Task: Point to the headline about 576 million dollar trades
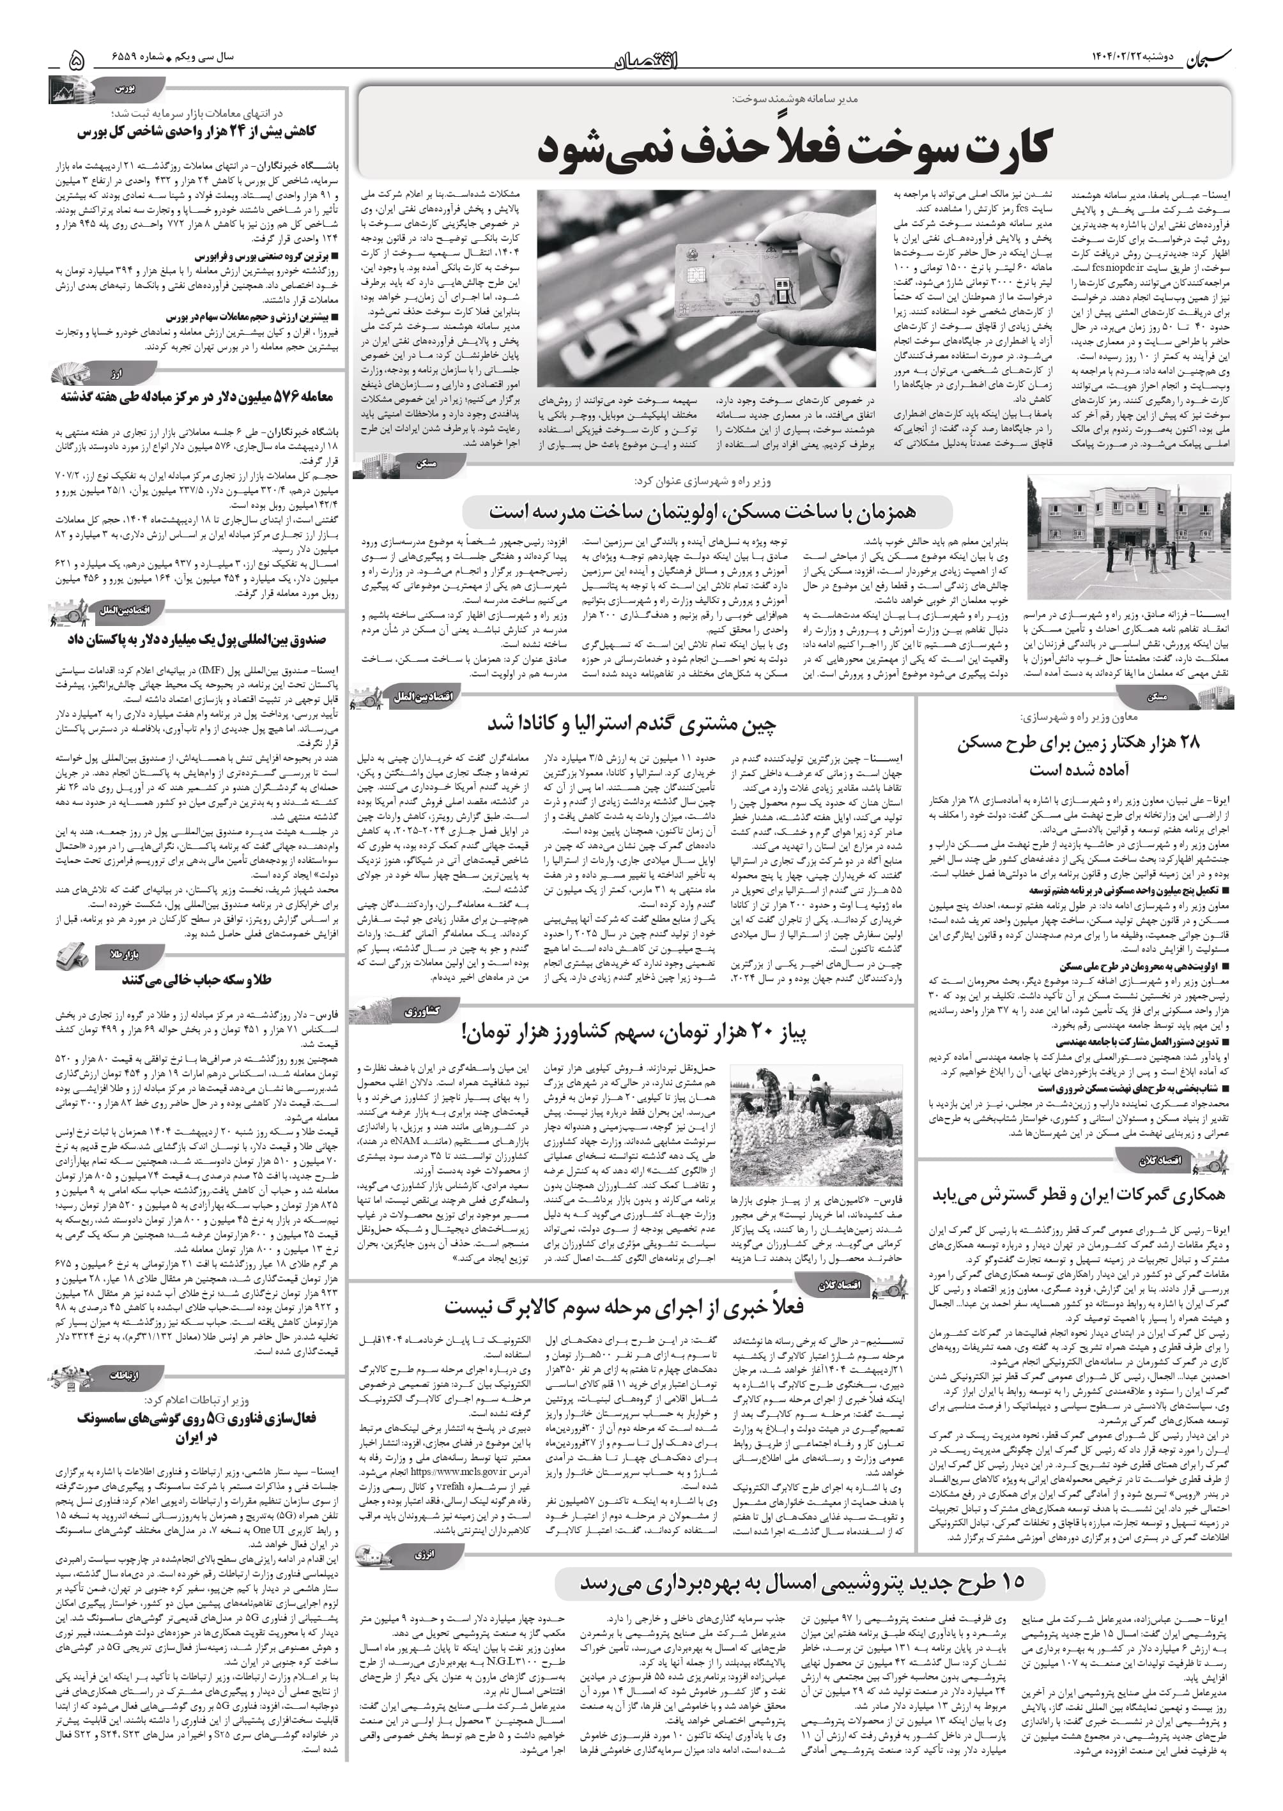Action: pyautogui.click(x=197, y=397)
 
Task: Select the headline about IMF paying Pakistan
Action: pyautogui.click(x=197, y=639)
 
